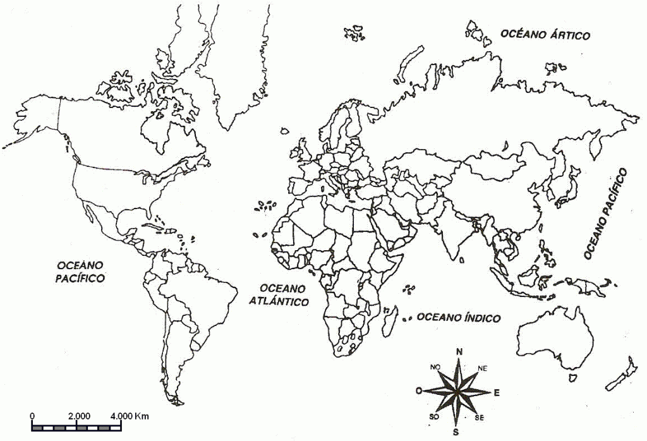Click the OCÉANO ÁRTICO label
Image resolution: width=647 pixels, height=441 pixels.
pos(545,35)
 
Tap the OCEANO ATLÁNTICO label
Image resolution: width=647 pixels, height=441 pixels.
pos(279,294)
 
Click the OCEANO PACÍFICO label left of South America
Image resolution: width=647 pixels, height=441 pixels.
pos(80,271)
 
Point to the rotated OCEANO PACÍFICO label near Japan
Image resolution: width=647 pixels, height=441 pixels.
pos(605,214)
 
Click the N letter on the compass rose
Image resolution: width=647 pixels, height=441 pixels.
pos(459,352)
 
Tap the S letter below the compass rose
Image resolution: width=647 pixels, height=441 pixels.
pos(455,432)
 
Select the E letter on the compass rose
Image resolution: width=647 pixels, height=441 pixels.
pos(497,393)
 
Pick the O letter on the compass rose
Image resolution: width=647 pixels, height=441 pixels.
pos(418,391)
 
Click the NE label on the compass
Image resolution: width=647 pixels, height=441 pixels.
pos(483,368)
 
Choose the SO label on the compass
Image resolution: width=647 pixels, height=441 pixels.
pos(434,416)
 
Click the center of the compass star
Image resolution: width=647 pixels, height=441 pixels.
pos(457,391)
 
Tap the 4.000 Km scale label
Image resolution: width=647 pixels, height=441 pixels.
pos(129,416)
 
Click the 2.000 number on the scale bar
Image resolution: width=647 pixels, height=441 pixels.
pos(78,416)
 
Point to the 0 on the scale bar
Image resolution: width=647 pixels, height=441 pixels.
pos(32,416)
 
